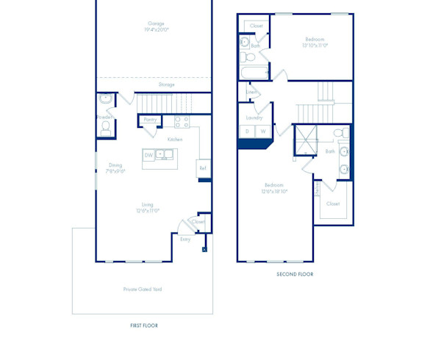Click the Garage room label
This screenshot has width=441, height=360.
click(x=156, y=24)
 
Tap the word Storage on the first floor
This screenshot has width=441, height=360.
click(x=166, y=84)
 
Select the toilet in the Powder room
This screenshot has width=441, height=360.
click(x=105, y=128)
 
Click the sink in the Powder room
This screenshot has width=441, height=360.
click(x=105, y=98)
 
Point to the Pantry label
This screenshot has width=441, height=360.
click(x=150, y=119)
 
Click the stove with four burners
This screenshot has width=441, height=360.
click(x=182, y=121)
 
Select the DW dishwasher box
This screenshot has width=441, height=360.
click(x=148, y=155)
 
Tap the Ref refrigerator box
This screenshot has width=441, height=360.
click(x=204, y=168)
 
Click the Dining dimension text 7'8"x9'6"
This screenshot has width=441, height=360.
click(x=115, y=171)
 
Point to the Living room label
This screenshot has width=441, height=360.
click(x=148, y=204)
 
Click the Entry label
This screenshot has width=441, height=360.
click(x=185, y=239)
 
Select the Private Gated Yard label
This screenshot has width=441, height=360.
click(x=143, y=289)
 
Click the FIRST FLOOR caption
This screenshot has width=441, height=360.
click(x=143, y=325)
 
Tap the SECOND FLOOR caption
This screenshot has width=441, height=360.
click(x=295, y=274)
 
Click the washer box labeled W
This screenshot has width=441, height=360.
click(x=262, y=132)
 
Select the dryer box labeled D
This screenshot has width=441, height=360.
click(x=247, y=132)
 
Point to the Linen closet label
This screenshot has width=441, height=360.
click(x=251, y=92)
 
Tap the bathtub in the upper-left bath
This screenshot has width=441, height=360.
click(x=254, y=73)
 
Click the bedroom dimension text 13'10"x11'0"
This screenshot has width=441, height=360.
click(x=315, y=46)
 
